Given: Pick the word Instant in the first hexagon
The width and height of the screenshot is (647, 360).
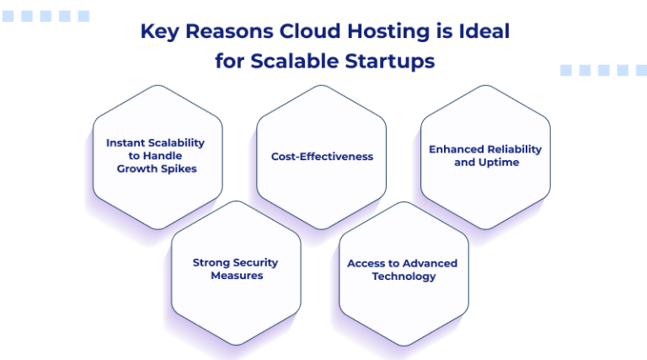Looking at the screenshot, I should coord(125,142).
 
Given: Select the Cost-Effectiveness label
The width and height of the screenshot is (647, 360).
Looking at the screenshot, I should coord(322,156).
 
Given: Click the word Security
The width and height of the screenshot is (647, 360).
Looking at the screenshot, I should coord(255,262).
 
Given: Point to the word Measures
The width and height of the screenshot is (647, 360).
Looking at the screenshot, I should coord(237,275).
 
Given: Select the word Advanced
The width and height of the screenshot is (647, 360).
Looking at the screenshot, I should coord(430,263).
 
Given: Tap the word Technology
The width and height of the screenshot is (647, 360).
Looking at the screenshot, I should coord(404,276).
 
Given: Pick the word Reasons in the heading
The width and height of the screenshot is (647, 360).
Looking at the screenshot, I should coord(223,32).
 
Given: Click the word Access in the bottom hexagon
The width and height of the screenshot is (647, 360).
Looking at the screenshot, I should coord(366,263).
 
